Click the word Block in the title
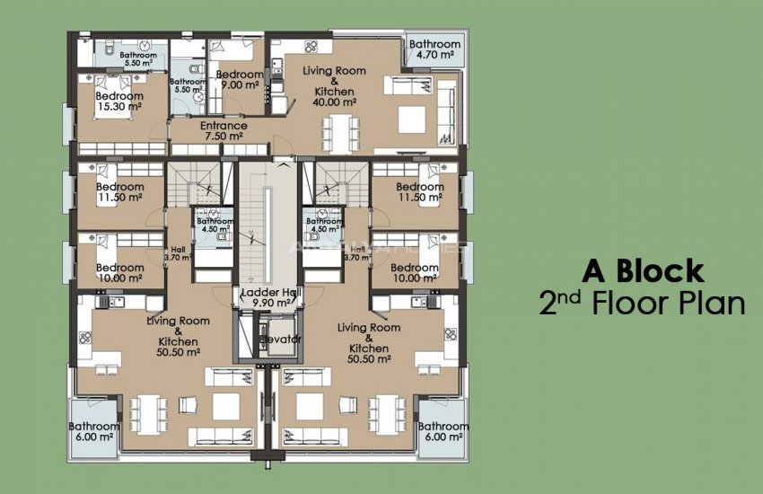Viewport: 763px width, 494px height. (x=666, y=270)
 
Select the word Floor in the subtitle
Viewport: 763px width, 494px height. (x=633, y=304)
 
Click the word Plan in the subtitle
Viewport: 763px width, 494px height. (x=714, y=304)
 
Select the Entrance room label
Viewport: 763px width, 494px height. (x=224, y=126)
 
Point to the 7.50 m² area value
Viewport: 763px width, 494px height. (x=224, y=137)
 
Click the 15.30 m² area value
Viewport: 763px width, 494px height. (x=119, y=107)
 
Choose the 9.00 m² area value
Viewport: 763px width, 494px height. (x=240, y=85)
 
